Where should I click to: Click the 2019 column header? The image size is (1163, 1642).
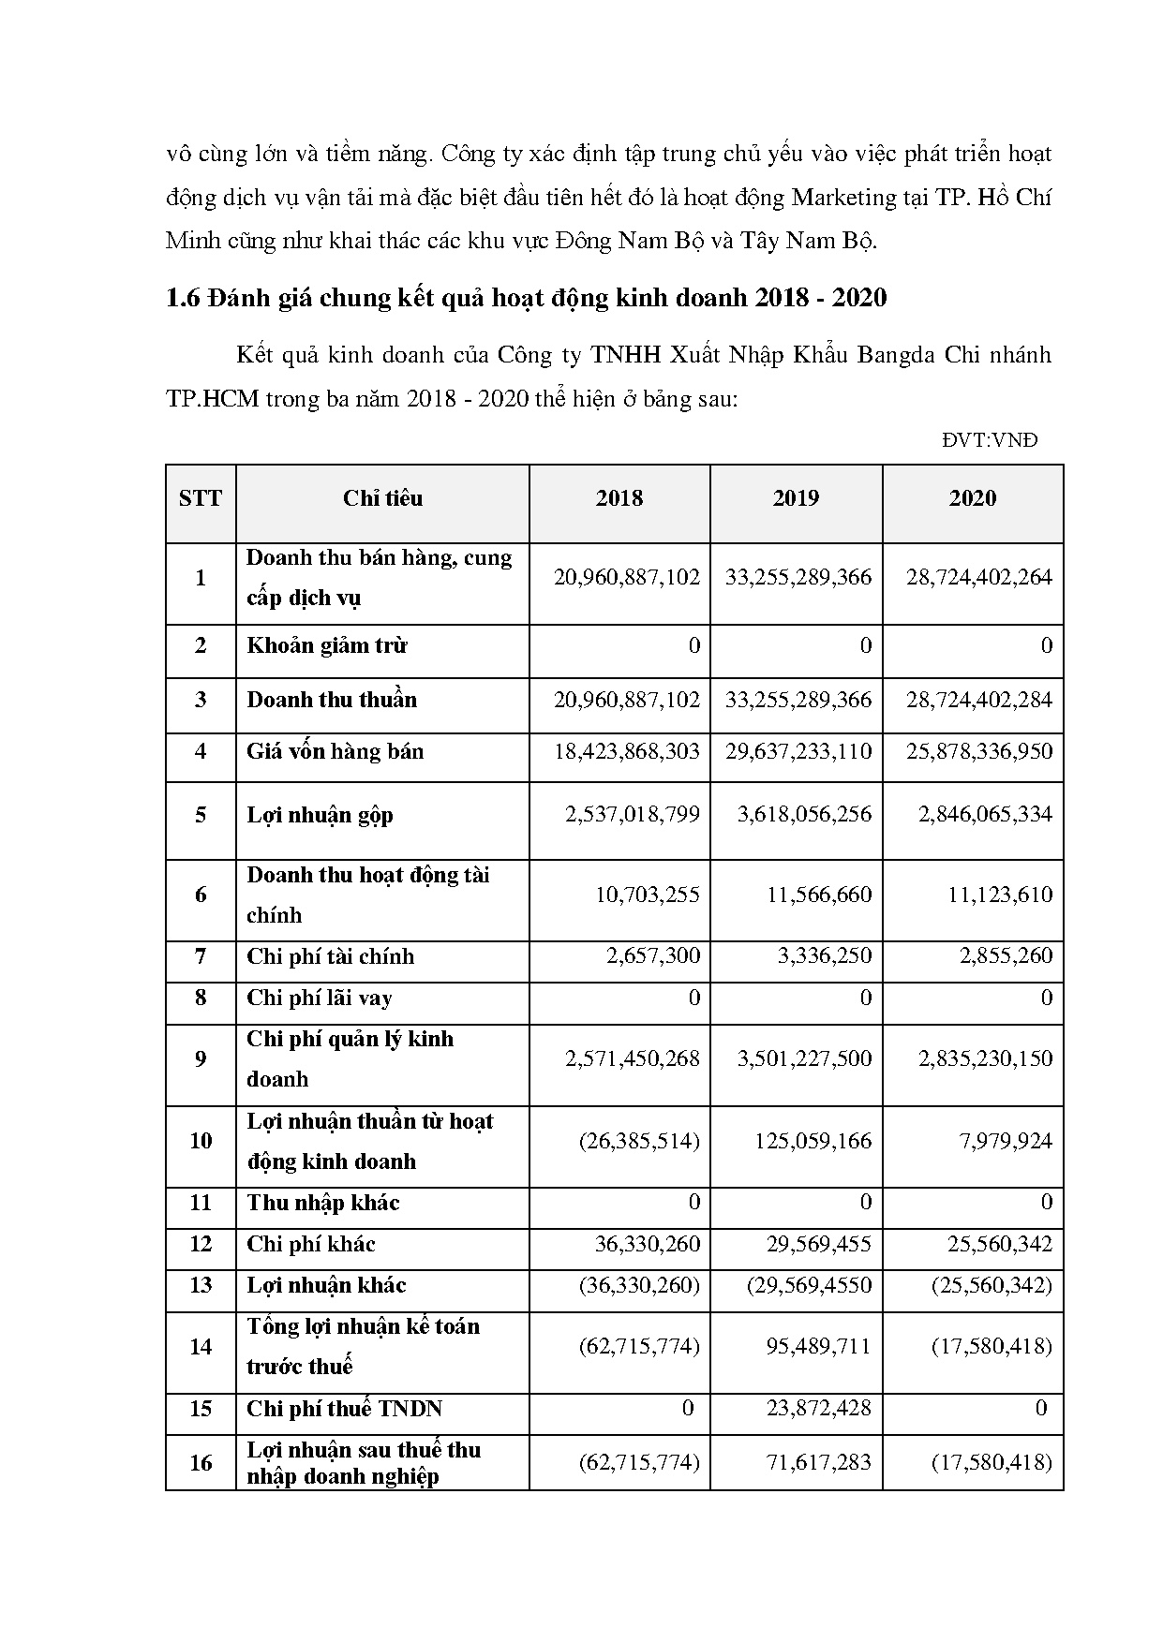point(796,498)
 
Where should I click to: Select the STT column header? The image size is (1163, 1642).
point(201,498)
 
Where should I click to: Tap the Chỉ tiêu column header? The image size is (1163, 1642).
point(382,498)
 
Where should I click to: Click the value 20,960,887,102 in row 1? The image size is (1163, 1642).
point(627,577)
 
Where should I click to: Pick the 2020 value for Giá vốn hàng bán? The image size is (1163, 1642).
point(979,751)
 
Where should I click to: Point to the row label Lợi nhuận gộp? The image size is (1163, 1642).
point(320,815)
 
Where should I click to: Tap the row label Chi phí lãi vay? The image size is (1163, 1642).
point(320,999)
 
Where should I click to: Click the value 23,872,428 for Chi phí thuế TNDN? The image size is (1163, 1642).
point(815,1408)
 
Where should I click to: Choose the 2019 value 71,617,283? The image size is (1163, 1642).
point(815,1462)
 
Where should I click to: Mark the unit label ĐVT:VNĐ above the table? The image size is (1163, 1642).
point(990,440)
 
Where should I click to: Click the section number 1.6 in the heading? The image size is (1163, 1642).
point(184,299)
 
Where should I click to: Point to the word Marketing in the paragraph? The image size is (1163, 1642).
point(844,198)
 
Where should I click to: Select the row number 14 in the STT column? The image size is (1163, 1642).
point(201,1347)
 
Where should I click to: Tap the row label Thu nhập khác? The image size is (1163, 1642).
point(323,1204)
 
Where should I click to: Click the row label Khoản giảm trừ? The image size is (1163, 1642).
point(327,646)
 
